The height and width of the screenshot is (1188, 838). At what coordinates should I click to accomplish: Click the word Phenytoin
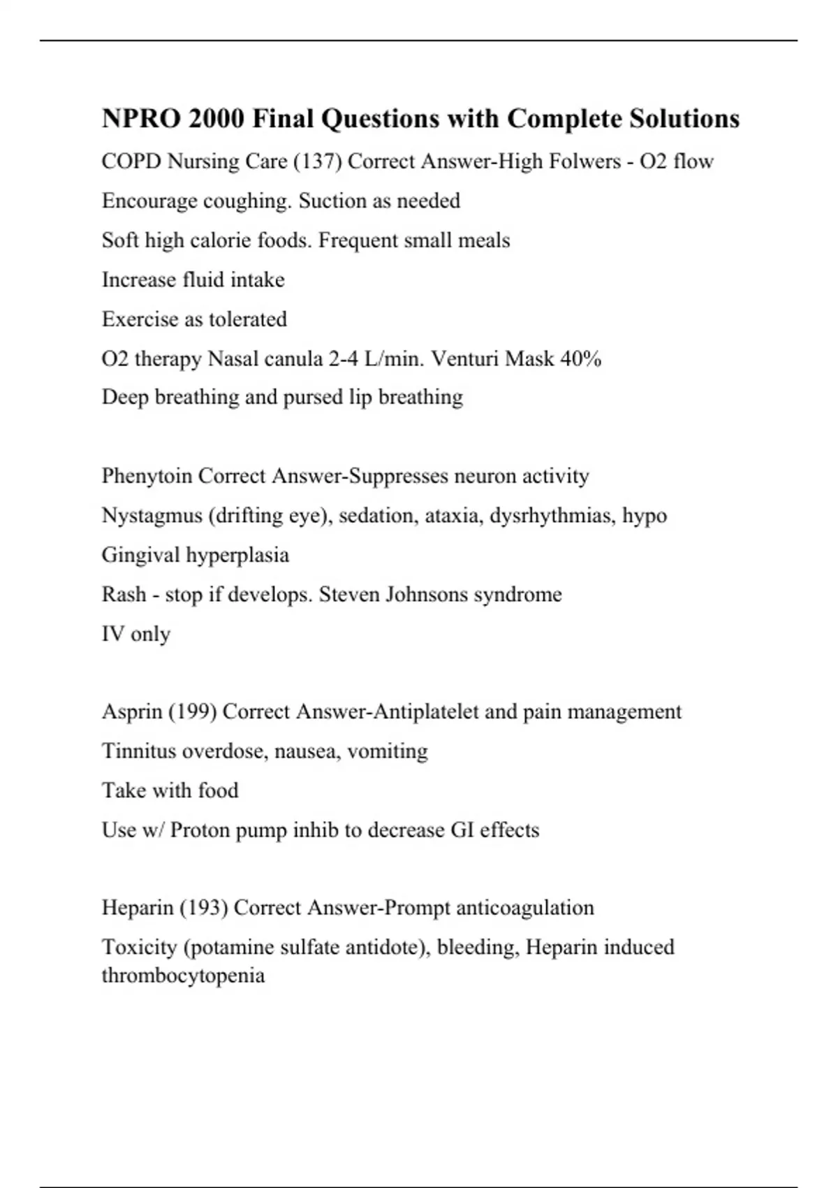[147, 476]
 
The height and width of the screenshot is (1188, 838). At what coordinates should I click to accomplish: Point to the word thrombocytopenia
[183, 975]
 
